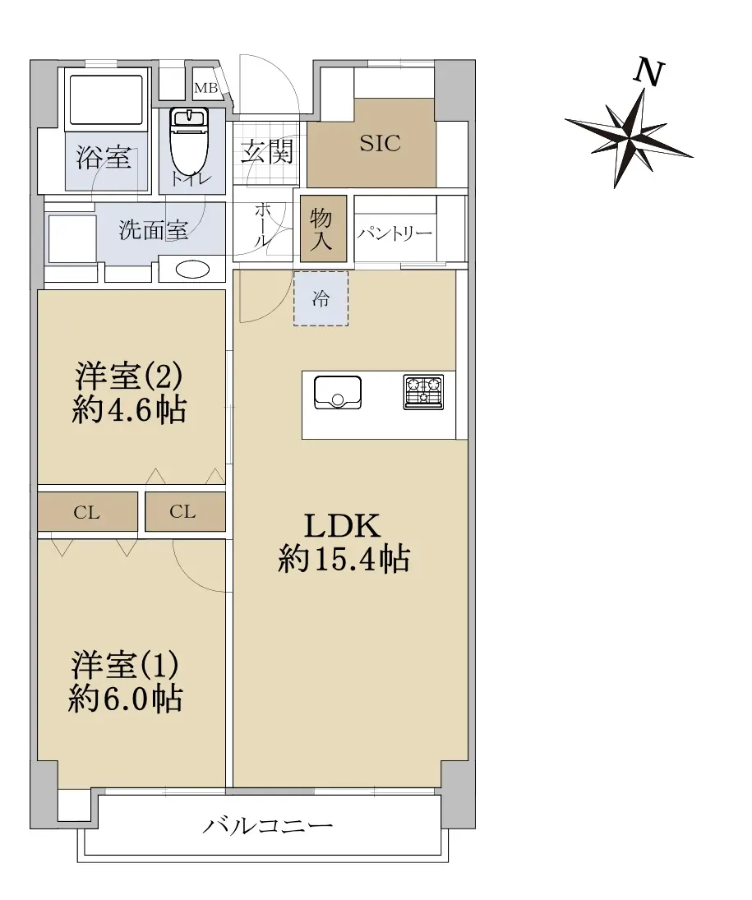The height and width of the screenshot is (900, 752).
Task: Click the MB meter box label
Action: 206,88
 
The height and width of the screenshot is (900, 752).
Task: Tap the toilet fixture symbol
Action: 189,141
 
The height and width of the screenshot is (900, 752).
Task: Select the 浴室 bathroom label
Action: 104,157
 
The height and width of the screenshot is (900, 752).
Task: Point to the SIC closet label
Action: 380,143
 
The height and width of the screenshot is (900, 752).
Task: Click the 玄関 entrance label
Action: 267,151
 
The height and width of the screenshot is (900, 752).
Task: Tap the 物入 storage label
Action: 321,229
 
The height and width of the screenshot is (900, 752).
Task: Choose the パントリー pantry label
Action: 395,233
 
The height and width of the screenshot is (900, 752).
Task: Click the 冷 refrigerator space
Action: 321,298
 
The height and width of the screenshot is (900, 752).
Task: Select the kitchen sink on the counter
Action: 338,392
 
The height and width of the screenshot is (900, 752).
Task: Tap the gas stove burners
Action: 423,392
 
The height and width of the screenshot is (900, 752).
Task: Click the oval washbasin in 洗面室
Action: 193,270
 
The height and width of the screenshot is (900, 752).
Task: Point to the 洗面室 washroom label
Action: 154,230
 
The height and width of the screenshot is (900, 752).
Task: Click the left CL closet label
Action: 86,512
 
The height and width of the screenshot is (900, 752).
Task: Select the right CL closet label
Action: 182,511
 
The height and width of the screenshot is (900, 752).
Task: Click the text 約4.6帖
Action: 129,410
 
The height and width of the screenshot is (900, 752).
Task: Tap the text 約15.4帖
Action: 344,558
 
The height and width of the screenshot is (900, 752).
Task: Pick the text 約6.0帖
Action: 126,699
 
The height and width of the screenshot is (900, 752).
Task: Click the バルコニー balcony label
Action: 268,826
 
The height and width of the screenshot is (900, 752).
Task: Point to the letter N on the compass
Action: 648,72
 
